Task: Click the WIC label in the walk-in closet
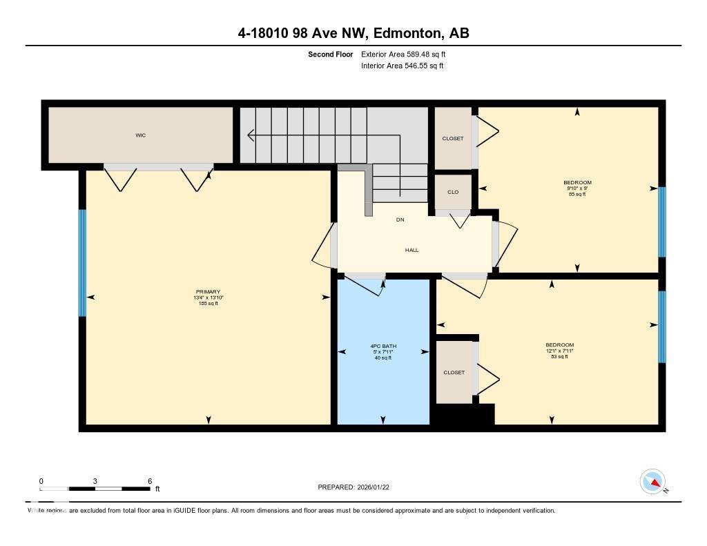pos(140,135)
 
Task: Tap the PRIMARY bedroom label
pos(208,292)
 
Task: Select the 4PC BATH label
pos(382,347)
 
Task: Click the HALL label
pos(411,251)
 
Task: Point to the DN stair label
pos(400,220)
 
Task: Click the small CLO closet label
pos(453,193)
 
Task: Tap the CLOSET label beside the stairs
pos(453,139)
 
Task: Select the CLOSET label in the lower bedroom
pos(454,373)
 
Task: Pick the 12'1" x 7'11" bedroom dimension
pos(559,351)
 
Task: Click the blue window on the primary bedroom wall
pos(82,262)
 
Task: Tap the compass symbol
pos(652,482)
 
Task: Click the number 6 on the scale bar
pos(149,481)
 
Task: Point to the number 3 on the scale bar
pos(95,481)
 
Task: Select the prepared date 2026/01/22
pos(377,487)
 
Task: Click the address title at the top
pos(353,33)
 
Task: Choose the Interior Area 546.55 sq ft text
pos(402,66)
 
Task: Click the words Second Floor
pos(330,54)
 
